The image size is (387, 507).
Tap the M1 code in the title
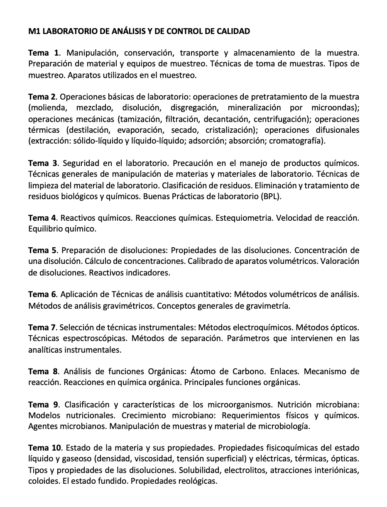33,31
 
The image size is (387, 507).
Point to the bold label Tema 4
42,218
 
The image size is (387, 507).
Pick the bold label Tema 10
45,448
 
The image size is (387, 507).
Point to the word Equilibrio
45,229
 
